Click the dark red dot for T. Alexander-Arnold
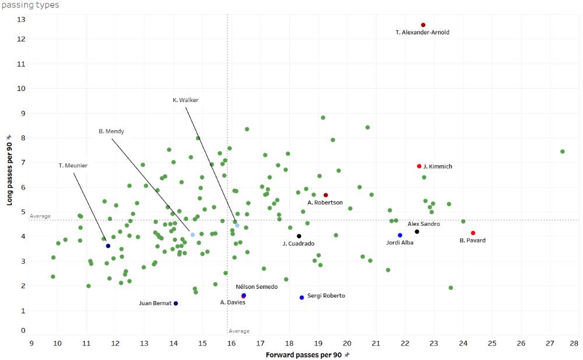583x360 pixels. pos(423,25)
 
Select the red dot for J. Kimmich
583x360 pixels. pos(419,166)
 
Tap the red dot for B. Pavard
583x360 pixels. pos(473,233)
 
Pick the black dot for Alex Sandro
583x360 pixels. pos(417,232)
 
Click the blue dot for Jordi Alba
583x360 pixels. pos(400,235)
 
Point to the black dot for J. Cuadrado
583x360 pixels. pos(299,236)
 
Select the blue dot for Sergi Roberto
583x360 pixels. pos(302,298)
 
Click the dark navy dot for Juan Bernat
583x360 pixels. pos(175,303)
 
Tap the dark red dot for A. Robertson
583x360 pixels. pos(326,195)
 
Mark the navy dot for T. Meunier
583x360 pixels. pos(108,246)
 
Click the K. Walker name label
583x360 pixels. pos(185,100)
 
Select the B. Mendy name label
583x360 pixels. pos(111,132)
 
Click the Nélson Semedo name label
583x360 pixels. pos(257,287)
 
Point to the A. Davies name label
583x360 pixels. pos(233,302)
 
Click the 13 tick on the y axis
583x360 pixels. pos(21,19)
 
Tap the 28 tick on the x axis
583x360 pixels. pos(574,342)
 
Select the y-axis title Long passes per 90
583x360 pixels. pos(9,170)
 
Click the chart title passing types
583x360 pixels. pos(30,5)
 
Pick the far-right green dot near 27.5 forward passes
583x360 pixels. pos(563,152)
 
